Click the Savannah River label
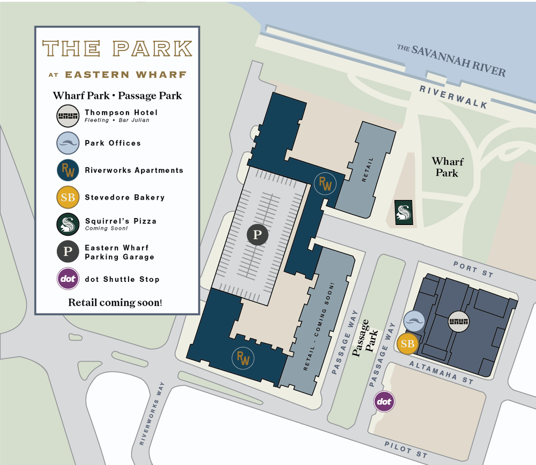[451, 60]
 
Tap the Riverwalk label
[453, 97]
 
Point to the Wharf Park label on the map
[448, 167]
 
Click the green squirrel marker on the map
[403, 212]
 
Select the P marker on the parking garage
[257, 235]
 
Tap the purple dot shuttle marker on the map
[384, 401]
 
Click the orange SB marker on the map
[408, 344]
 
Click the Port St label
[473, 270]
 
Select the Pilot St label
[405, 450]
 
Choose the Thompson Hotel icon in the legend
[68, 116]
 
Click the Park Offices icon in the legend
[68, 143]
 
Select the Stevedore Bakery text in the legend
[124, 198]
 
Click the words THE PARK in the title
[117, 49]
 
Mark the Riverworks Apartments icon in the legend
[68, 170]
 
